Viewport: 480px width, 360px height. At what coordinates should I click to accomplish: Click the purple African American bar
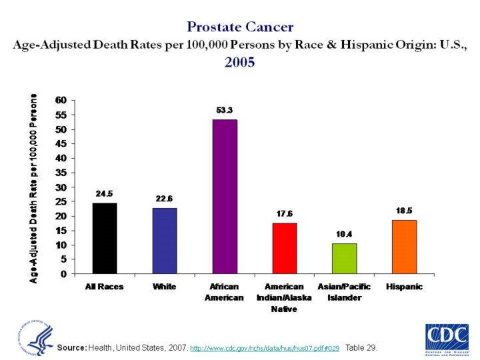tap(225, 197)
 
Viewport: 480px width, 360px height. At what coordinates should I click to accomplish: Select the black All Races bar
tap(105, 238)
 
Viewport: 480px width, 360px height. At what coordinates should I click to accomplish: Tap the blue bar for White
tap(165, 241)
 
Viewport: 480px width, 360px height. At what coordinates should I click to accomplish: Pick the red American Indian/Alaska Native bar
tap(285, 248)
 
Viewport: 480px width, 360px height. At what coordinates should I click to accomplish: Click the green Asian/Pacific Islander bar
tap(345, 259)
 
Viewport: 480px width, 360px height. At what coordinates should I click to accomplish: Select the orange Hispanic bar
tap(405, 247)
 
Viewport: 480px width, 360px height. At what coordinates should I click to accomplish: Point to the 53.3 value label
tap(225, 109)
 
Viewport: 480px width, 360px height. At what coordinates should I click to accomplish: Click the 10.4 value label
tap(344, 234)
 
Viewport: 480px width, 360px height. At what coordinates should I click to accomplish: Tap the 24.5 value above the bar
tap(104, 193)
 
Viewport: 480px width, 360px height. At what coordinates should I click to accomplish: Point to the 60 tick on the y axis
tap(61, 101)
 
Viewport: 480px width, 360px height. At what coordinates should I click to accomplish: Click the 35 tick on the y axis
tap(61, 173)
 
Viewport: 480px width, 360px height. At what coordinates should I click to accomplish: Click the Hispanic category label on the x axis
tap(404, 286)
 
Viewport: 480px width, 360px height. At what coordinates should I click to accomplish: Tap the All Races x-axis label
tap(104, 286)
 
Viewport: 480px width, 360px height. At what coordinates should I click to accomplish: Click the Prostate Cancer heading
tap(240, 27)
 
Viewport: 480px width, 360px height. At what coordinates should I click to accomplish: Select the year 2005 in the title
tap(240, 63)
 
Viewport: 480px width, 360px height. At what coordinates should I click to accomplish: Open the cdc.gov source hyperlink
tap(265, 348)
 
